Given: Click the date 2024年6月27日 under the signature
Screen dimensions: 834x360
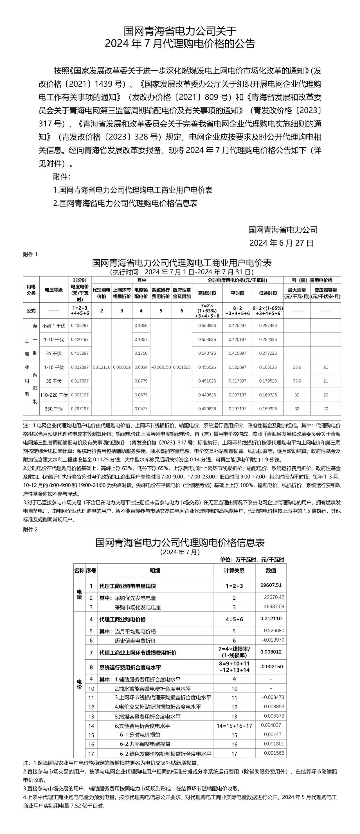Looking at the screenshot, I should pyautogui.click(x=281, y=243).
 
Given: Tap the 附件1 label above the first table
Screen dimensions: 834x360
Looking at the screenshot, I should pyautogui.click(x=30, y=255).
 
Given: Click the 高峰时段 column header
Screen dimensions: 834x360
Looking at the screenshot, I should pyautogui.click(x=207, y=293).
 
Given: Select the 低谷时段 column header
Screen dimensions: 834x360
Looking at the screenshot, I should pyautogui.click(x=268, y=293).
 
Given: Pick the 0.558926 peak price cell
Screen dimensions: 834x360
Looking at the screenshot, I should pyautogui.click(x=207, y=326).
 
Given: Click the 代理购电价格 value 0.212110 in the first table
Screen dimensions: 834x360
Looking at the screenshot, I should pyautogui.click(x=102, y=367).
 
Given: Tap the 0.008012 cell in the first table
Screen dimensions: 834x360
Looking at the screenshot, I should pyautogui.click(x=122, y=367).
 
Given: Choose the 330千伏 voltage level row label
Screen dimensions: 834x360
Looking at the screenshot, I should pyautogui.click(x=54, y=409).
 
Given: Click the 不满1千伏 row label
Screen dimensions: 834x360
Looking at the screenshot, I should pyautogui.click(x=54, y=326).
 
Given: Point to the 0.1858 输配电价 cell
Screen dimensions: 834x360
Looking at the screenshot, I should pyautogui.click(x=141, y=326).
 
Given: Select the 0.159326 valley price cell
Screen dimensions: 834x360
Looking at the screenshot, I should pyautogui.click(x=268, y=409).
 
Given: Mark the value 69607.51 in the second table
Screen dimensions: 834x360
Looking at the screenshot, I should pyautogui.click(x=271, y=585).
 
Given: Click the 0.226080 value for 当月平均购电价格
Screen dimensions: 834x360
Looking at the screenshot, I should pyautogui.click(x=274, y=631).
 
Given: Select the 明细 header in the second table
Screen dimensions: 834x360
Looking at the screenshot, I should pyautogui.click(x=155, y=571).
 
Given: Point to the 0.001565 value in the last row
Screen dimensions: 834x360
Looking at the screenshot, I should pyautogui.click(x=274, y=753).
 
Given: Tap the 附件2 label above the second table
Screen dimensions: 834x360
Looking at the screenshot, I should pyautogui.click(x=30, y=530).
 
